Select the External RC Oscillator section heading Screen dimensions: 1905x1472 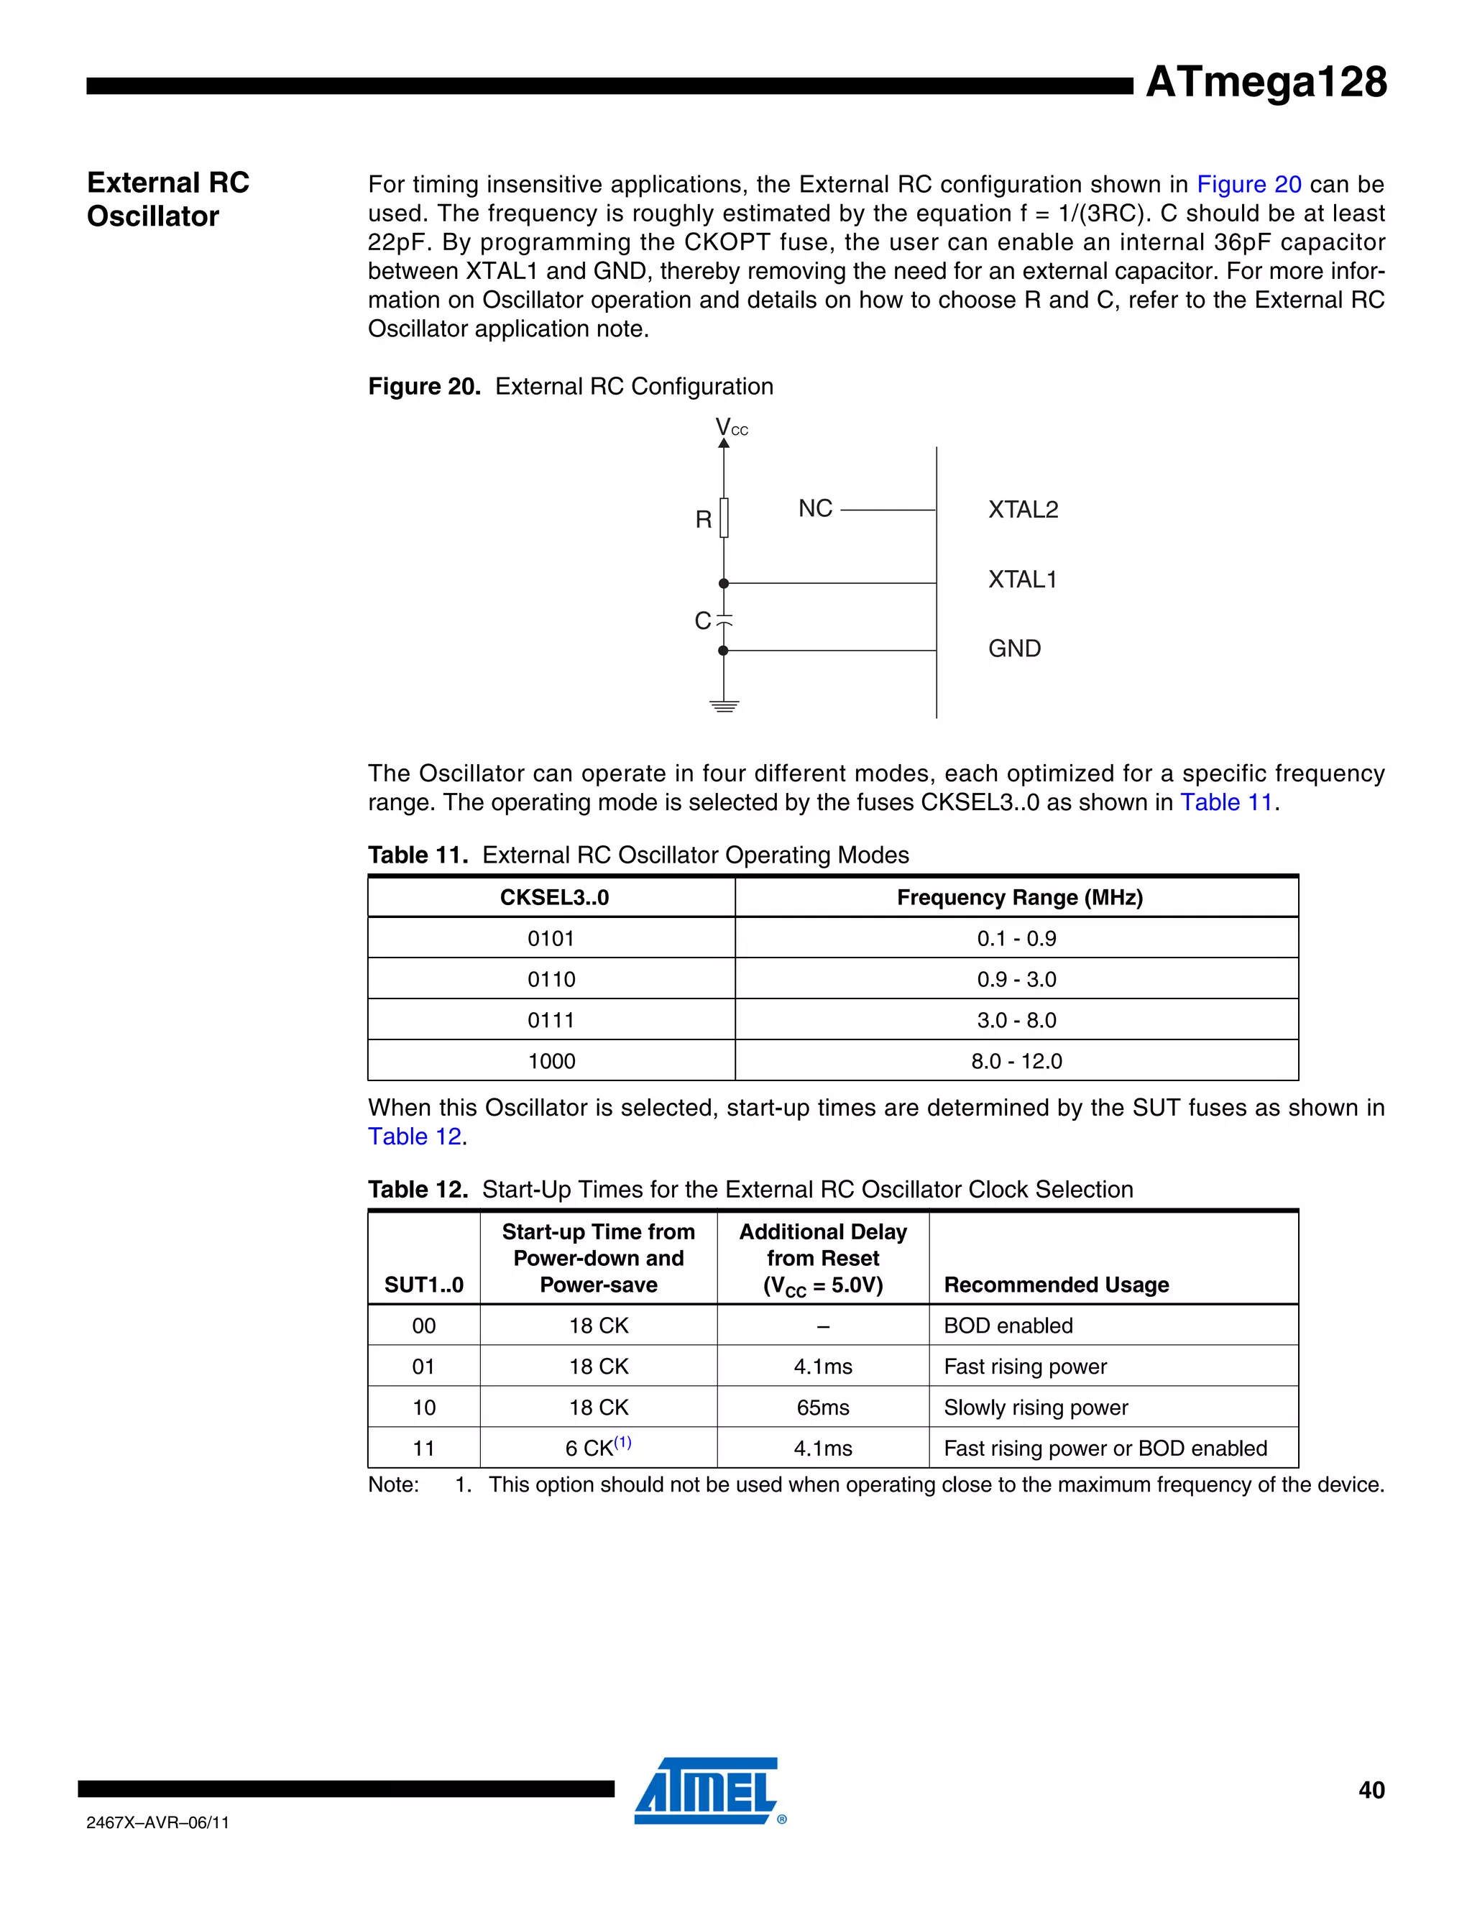[x=168, y=199]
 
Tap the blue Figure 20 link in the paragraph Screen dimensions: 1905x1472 [x=1248, y=184]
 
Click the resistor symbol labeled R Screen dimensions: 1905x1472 [x=724, y=518]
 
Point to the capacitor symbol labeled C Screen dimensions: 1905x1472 [x=724, y=620]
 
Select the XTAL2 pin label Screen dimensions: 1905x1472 [x=1022, y=510]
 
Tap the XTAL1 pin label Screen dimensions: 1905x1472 [x=1022, y=579]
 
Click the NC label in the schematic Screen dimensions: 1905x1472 [x=815, y=508]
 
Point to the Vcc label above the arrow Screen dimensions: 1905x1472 [x=731, y=428]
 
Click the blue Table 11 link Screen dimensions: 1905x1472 [x=1226, y=802]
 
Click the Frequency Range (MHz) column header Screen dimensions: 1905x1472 [x=1018, y=898]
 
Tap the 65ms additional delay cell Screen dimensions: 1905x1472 [x=822, y=1407]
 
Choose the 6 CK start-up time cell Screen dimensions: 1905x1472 [x=598, y=1448]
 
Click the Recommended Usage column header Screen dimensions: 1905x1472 [x=1056, y=1284]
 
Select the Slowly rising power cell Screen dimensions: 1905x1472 [x=1035, y=1407]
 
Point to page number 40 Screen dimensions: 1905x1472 [x=1371, y=1790]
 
